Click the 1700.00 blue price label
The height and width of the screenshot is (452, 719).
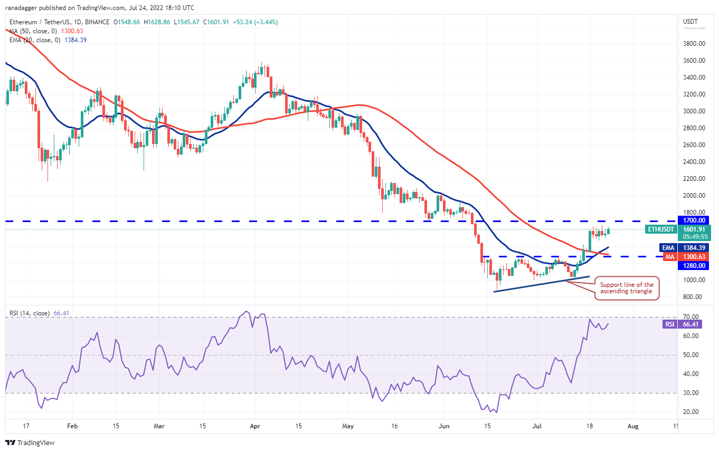point(694,220)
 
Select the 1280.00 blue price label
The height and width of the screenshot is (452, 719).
point(694,265)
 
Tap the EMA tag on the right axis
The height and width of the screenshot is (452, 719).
point(668,247)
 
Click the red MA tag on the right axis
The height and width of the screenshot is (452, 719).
point(669,256)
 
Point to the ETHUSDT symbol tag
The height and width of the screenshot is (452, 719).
point(661,229)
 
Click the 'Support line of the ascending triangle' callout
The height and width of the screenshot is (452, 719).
point(627,288)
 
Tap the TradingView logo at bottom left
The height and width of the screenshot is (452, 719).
point(30,443)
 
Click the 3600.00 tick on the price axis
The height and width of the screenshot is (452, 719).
point(694,61)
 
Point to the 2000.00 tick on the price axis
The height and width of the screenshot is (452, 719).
point(694,196)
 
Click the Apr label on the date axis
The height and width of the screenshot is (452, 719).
point(255,425)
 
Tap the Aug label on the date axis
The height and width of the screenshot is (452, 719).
point(633,425)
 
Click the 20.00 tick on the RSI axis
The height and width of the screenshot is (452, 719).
point(691,412)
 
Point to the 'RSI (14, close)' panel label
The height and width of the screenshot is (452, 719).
point(30,313)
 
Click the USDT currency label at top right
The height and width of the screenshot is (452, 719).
point(690,22)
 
